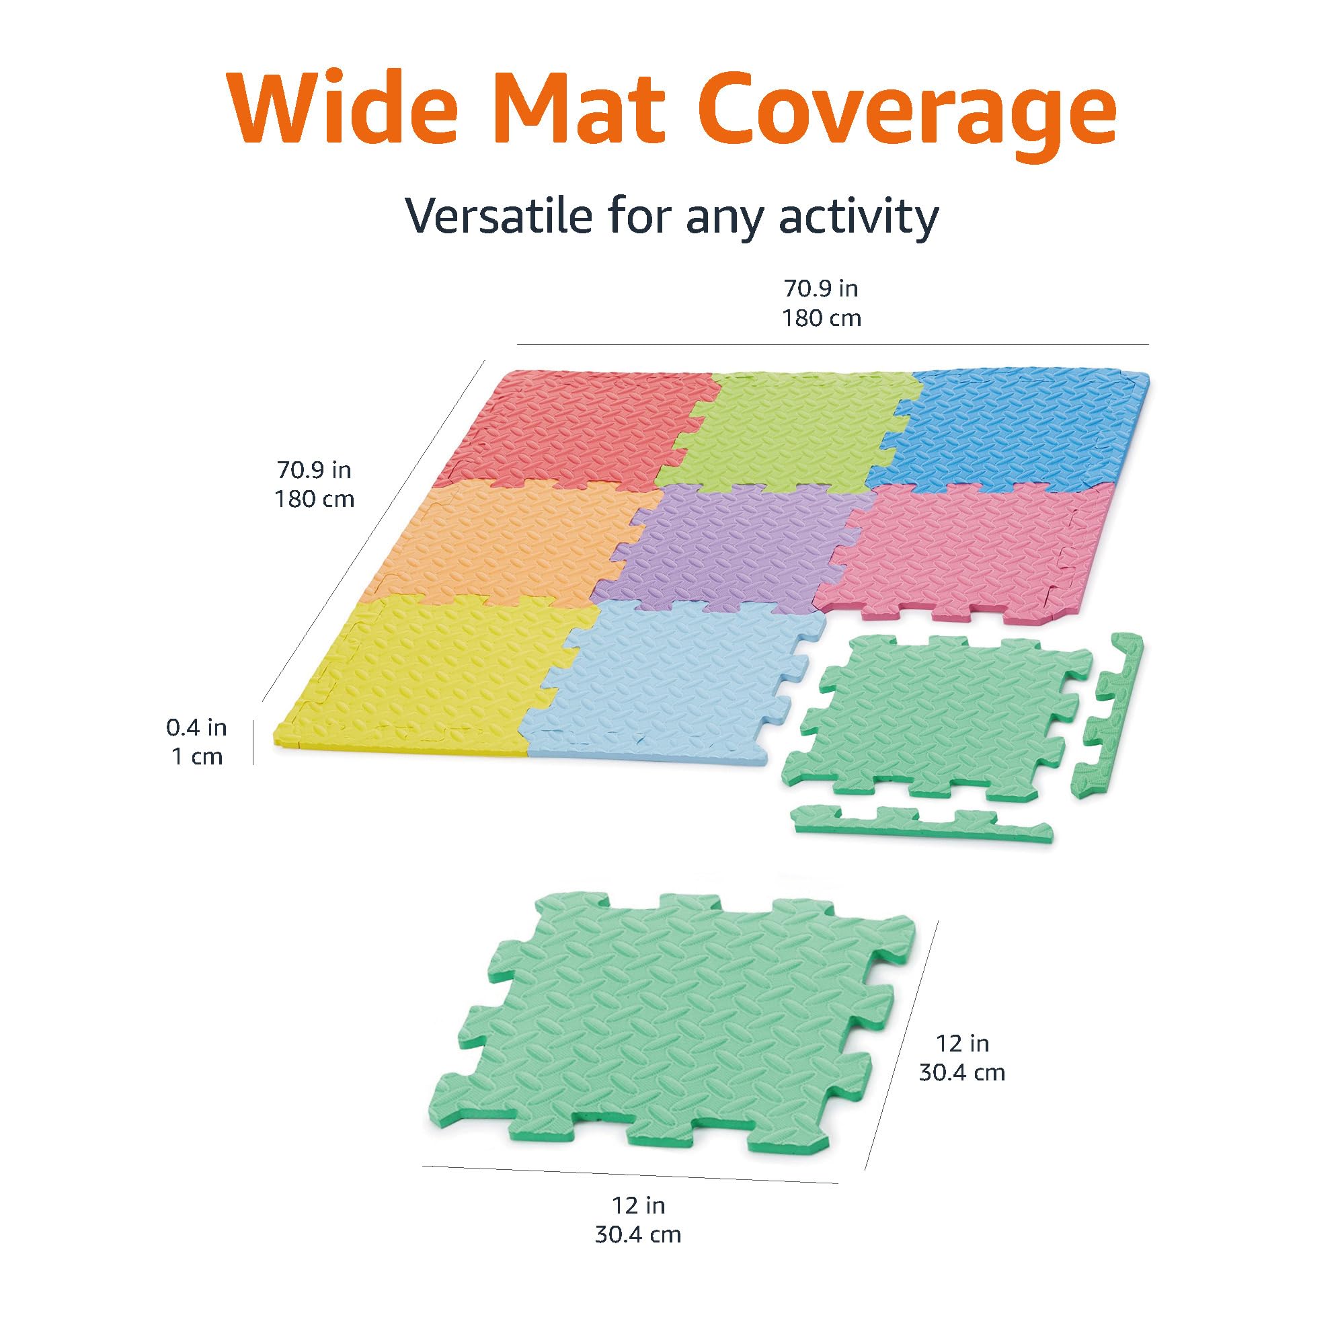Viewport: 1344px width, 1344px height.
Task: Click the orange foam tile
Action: [508, 543]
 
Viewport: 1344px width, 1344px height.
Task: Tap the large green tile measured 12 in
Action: [668, 1029]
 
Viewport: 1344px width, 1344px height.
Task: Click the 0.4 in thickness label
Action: [196, 727]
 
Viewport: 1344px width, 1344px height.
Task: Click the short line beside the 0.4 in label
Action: [253, 742]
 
